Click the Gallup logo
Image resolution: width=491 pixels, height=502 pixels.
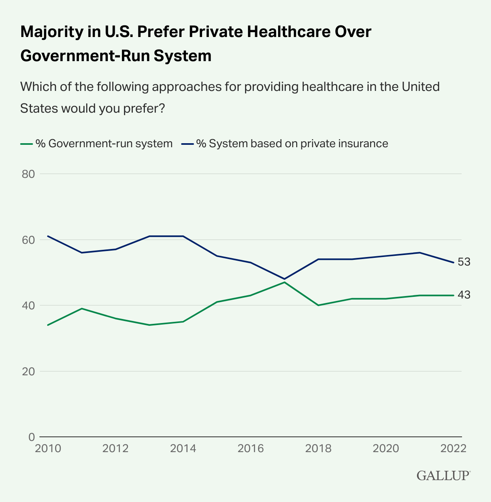point(443,475)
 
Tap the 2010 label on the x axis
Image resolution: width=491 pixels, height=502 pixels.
point(48,449)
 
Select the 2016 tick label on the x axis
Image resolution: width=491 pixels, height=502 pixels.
point(251,449)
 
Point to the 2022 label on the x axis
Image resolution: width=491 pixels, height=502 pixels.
point(453,449)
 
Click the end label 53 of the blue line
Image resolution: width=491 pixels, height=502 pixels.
point(464,262)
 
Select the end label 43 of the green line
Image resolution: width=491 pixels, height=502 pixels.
point(464,295)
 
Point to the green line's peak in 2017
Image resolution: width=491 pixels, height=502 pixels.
point(285,282)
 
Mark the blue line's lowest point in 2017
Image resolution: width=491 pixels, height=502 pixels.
point(285,279)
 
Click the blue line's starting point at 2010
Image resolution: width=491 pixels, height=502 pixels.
point(48,236)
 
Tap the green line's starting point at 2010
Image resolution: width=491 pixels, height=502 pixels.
point(48,325)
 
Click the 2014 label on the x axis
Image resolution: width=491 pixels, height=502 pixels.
point(183,449)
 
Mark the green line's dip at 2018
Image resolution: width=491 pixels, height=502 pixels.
point(318,305)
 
